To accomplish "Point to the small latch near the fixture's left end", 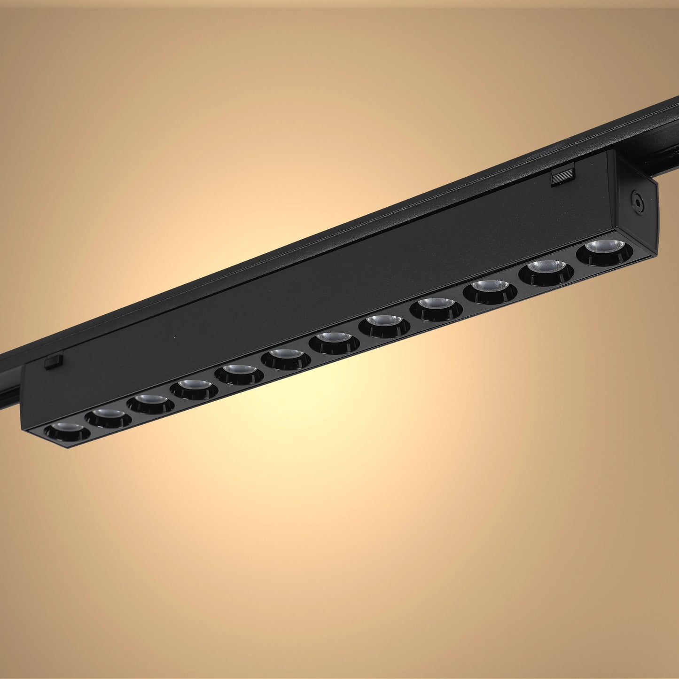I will coord(54,362).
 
